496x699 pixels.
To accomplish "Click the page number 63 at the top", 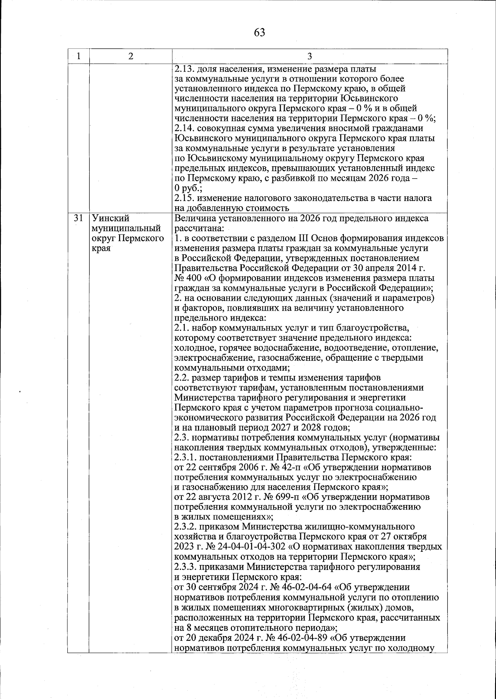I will (260, 33).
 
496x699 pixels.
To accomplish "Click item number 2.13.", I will (184, 69).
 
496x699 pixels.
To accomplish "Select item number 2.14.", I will (184, 129).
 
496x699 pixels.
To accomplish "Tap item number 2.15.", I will (184, 199).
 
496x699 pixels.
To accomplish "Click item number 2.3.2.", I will (186, 527).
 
